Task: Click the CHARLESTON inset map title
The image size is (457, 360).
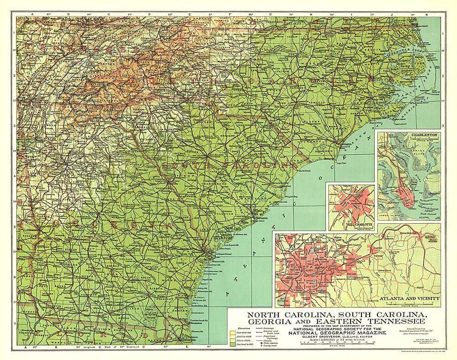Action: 425,135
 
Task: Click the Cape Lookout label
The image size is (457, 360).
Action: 400,124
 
